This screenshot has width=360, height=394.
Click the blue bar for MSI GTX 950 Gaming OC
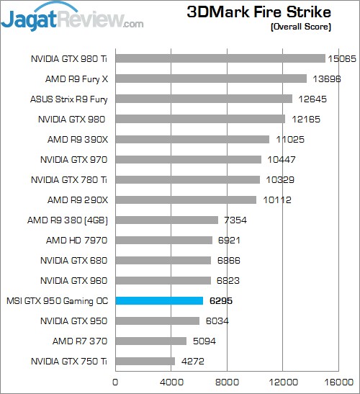[x=159, y=300]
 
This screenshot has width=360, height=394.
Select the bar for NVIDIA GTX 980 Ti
[x=220, y=58]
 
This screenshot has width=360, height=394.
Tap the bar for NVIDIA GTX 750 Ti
[x=145, y=361]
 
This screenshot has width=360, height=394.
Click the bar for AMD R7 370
[x=150, y=341]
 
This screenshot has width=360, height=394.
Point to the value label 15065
[x=343, y=58]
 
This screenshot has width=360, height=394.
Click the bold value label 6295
[x=222, y=300]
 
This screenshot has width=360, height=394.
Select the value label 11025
[x=287, y=139]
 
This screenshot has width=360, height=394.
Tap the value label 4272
[x=192, y=361]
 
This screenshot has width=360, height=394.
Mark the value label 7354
[x=235, y=220]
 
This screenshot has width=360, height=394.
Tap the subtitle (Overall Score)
[x=301, y=27]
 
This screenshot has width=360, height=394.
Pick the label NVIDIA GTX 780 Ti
[x=71, y=179]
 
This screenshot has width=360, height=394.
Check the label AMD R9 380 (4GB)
[x=68, y=220]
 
